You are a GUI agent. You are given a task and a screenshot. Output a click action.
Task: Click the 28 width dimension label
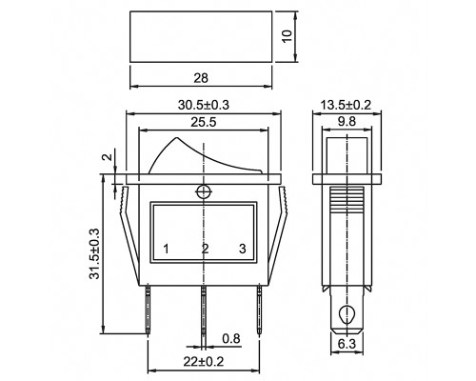coord(201,78)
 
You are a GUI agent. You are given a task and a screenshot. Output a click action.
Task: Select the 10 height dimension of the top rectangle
coord(287,36)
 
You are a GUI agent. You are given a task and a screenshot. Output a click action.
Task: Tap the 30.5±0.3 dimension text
coord(204,105)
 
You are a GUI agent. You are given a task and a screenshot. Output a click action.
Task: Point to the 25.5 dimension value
coord(204,122)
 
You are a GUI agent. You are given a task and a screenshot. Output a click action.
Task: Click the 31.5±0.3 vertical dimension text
coord(94,253)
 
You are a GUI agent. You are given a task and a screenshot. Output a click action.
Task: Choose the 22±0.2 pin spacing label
coord(204,361)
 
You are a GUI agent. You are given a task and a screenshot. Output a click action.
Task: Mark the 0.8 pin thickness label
coord(231,339)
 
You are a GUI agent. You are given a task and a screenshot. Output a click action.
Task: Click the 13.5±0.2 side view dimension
coord(346,105)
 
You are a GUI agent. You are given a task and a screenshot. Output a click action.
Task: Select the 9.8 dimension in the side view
coord(347,121)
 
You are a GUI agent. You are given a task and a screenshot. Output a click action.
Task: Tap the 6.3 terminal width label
coord(347,344)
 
